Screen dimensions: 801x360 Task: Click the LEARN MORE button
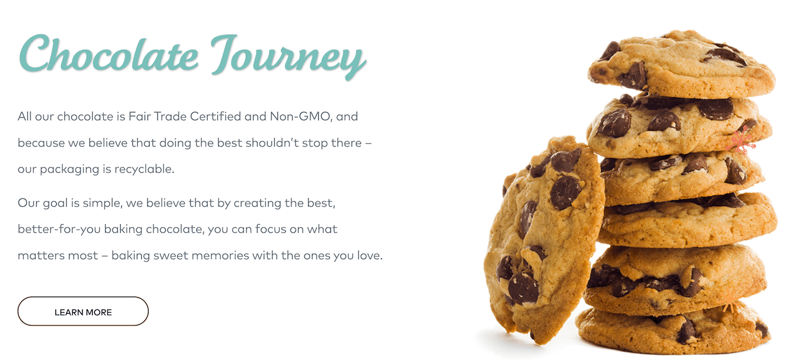pos(83,311)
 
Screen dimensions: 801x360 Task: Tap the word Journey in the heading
pos(288,57)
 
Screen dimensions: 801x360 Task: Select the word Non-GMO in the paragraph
pos(300,116)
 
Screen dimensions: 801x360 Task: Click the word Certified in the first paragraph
pos(215,116)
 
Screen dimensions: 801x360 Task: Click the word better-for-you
pos(59,229)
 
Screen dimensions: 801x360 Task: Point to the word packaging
pos(70,169)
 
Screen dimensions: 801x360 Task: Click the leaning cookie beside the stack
pos(543,240)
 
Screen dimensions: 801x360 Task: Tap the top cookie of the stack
pos(681,65)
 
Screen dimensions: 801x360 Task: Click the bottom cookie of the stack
pos(674,329)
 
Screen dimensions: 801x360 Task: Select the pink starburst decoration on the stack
pos(741,140)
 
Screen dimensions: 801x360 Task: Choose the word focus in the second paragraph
pos(271,229)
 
